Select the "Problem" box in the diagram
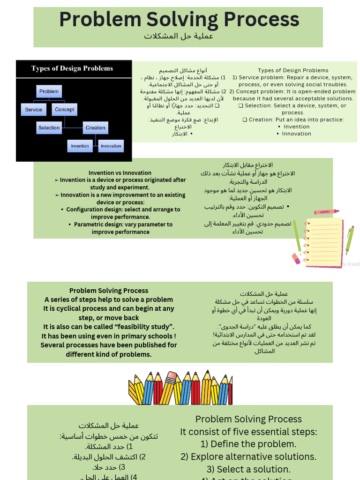coord(49,91)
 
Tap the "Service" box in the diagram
coord(34,110)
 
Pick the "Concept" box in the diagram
coord(65,110)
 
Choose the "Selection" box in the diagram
coord(49,127)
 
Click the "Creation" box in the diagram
coord(96,127)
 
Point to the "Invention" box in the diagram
coord(80,146)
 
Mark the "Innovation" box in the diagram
coord(111,146)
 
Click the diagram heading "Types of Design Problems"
coord(72,68)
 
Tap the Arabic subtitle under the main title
coord(179,36)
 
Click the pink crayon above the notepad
coord(326,212)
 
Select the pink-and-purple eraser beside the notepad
coord(296,258)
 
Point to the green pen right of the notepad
coord(350,240)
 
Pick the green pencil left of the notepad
coord(297,236)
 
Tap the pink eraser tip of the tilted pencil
coord(172,376)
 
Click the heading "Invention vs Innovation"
coord(120,173)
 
